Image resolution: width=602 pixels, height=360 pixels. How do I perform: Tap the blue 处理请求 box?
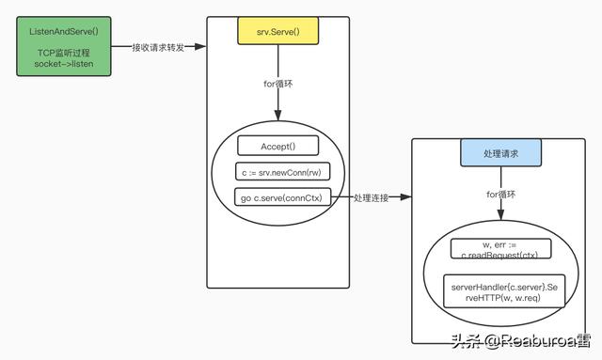tap(500, 153)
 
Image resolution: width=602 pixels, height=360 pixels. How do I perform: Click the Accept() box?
tap(277, 146)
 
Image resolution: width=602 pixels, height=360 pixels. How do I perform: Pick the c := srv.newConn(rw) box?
tap(277, 172)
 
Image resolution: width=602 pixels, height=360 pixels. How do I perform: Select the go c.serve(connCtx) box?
tap(277, 197)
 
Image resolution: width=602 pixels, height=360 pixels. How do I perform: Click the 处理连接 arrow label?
tap(370, 198)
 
